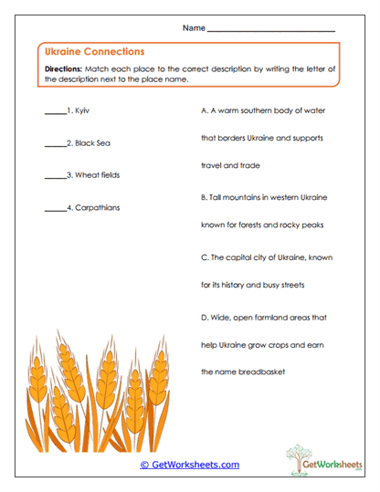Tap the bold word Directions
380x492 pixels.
pyautogui.click(x=63, y=69)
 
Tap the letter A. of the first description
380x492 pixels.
pyautogui.click(x=204, y=110)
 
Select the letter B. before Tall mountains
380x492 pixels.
pyautogui.click(x=204, y=196)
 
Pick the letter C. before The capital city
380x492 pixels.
pyautogui.click(x=204, y=257)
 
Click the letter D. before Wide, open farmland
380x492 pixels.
pyautogui.click(x=204, y=317)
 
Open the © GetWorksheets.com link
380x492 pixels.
pyautogui.click(x=189, y=465)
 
